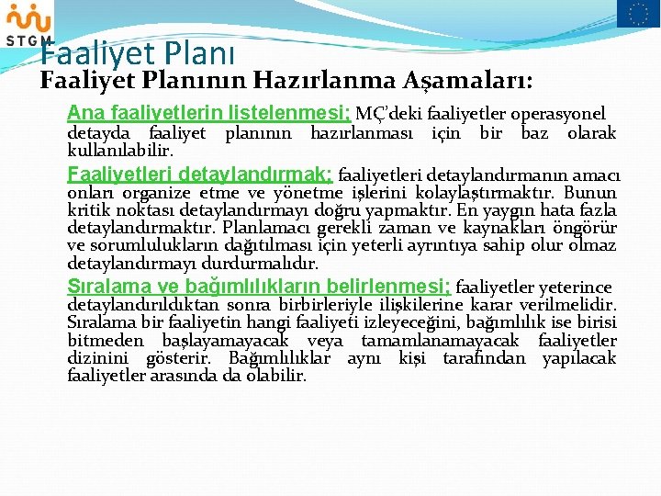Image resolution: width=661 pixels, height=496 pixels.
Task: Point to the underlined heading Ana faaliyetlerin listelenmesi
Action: (x=208, y=114)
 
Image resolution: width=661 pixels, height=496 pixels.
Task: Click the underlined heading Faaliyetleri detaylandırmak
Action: (x=201, y=175)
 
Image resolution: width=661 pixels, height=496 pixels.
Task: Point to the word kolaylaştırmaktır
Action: (x=486, y=193)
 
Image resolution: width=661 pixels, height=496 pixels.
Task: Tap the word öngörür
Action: (x=587, y=228)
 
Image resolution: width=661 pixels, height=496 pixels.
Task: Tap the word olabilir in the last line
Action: (x=276, y=375)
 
